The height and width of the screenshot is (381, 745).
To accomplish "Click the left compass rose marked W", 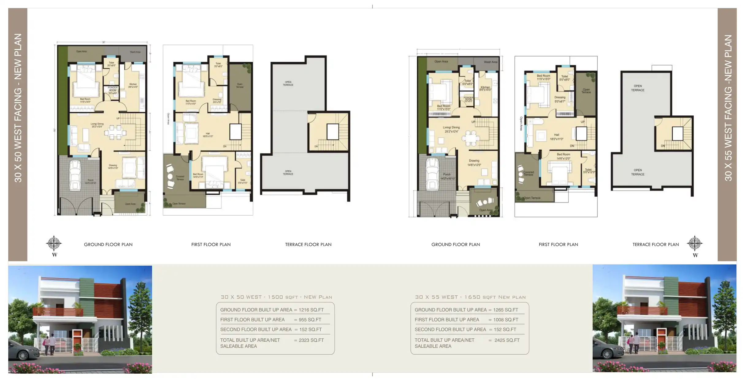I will click(x=54, y=244).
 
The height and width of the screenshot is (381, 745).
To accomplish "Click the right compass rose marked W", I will click(x=694, y=244).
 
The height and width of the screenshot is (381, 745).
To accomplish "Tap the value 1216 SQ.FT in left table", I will click(x=311, y=310).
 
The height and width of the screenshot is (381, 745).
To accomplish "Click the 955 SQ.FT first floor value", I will click(x=310, y=320).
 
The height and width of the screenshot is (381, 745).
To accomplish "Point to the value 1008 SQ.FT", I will click(x=506, y=320).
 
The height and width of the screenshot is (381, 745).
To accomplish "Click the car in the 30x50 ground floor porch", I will click(x=75, y=175).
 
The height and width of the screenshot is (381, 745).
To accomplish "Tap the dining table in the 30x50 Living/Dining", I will click(x=115, y=132).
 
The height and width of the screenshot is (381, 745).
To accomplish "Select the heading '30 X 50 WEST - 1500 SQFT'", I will click(x=276, y=297).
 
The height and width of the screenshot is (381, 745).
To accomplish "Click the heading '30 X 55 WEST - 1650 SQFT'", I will click(x=470, y=297).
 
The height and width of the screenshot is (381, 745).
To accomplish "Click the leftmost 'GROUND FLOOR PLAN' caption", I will click(x=108, y=244).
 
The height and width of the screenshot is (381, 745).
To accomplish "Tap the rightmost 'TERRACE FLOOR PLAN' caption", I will click(x=655, y=244).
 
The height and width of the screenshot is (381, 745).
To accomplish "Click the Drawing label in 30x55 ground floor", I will click(x=474, y=161).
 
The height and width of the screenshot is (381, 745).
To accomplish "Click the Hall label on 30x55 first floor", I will click(x=556, y=135).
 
